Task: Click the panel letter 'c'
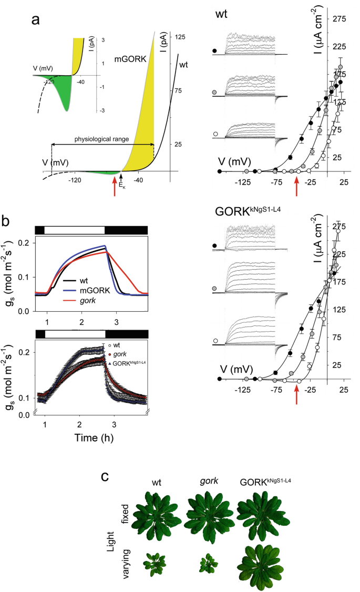[105, 477]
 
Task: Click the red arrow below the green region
[115, 187]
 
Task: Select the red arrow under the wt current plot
[297, 187]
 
